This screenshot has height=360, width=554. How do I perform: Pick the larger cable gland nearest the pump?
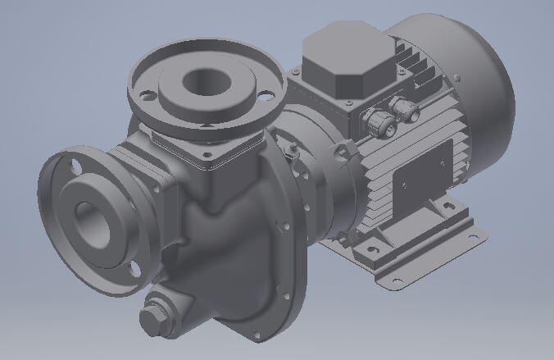(x=377, y=123)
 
